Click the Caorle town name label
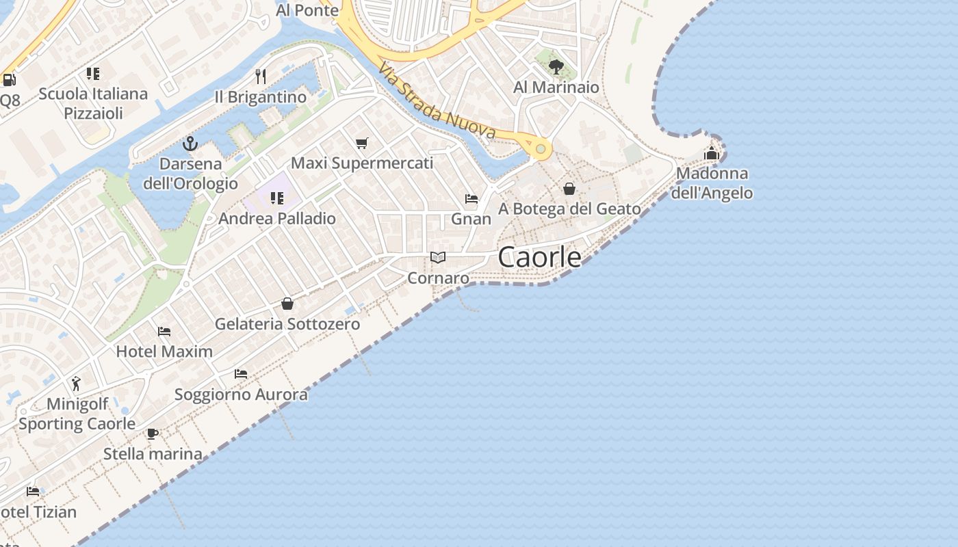coord(540,257)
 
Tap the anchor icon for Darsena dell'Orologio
coord(190,144)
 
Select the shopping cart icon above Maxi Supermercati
coord(361,143)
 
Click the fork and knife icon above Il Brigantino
coord(260,76)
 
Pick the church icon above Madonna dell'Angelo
coord(712,153)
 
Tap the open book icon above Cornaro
coord(438,258)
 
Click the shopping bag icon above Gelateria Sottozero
coord(287,303)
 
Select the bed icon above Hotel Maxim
coord(164,332)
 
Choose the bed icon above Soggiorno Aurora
coord(241,374)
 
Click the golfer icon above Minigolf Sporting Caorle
coord(76,383)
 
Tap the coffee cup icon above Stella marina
coord(153,433)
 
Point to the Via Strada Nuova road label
coord(437,101)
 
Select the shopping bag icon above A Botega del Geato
coord(569,189)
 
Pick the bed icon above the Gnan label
coord(471,199)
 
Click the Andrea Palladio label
coord(277,219)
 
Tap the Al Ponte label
coord(307,10)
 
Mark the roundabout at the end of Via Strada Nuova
coord(541,148)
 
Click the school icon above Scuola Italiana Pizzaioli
coord(93,74)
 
